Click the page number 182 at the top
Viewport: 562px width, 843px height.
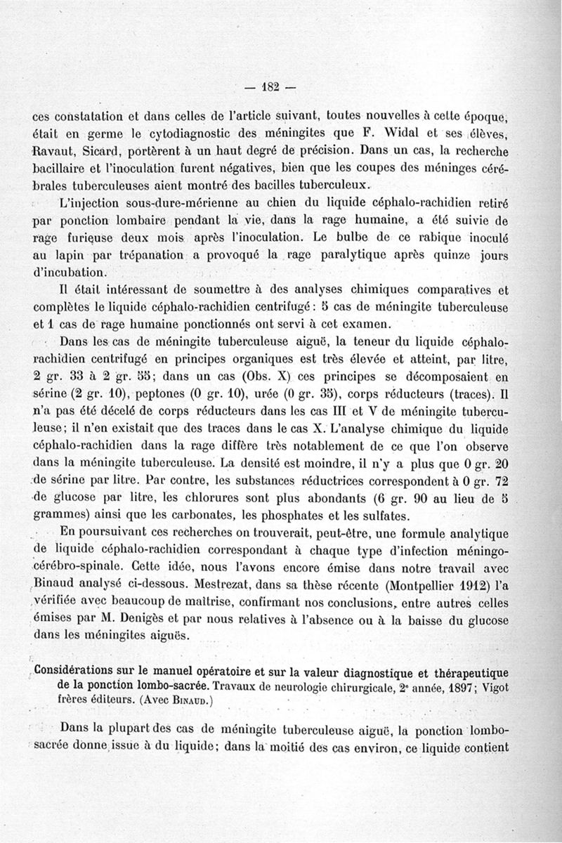pyautogui.click(x=270, y=87)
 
